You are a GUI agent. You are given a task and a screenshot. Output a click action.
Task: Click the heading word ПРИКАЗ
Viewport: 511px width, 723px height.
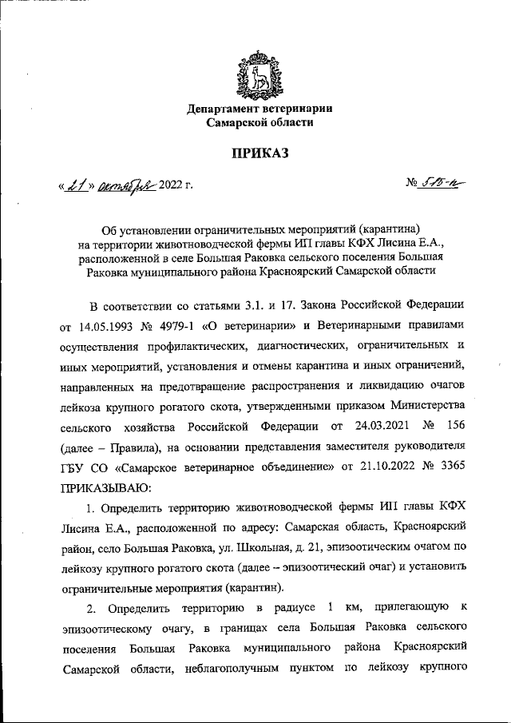click(259, 153)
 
